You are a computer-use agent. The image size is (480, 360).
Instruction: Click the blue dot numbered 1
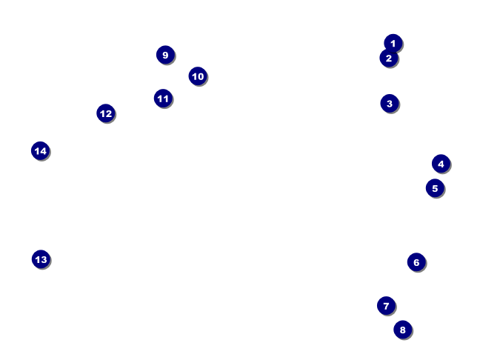pos(393,43)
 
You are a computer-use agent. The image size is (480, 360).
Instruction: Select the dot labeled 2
pos(389,58)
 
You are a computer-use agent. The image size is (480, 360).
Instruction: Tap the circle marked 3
pos(390,103)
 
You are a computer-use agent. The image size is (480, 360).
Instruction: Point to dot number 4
pos(441,164)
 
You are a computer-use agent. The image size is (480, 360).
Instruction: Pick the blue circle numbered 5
pos(435,188)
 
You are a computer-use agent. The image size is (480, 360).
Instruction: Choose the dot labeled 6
pos(416,261)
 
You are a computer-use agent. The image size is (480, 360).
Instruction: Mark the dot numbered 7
pos(386,305)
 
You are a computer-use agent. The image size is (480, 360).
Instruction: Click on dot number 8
pos(402,330)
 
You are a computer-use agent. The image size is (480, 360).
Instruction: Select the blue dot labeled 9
pos(165,55)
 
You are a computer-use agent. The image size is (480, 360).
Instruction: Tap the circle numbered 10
pos(197,76)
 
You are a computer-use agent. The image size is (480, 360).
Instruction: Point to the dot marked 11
pos(163,99)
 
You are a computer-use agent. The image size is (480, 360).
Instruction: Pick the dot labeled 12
pos(106,113)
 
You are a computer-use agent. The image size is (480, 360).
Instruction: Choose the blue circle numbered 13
pos(41,259)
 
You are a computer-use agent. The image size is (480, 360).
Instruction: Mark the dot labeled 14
pos(41,151)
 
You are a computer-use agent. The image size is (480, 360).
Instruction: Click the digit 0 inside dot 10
pos(201,76)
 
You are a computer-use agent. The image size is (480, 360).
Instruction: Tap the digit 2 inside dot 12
pos(110,113)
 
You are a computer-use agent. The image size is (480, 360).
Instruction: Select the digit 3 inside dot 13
pos(44,259)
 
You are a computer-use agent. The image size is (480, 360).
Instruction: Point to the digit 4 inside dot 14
pos(44,151)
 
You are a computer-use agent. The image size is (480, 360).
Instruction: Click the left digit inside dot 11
pos(160,99)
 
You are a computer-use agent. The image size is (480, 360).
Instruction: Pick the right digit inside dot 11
pos(167,99)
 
